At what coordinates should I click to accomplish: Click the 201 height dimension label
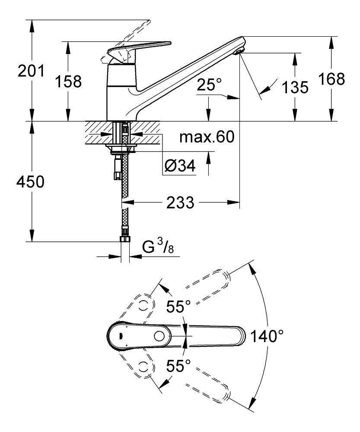[x=31, y=70]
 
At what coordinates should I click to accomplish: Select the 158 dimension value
[x=68, y=81]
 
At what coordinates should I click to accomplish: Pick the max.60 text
[x=207, y=137]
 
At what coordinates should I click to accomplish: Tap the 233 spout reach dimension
[x=181, y=202]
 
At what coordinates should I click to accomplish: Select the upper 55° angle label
[x=178, y=307]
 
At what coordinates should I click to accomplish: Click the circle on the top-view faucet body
[x=160, y=336]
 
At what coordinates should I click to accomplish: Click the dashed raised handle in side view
[x=130, y=37]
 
